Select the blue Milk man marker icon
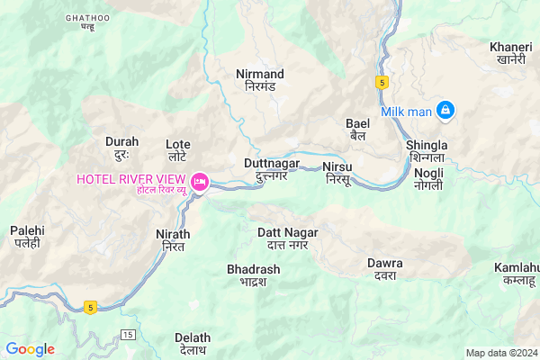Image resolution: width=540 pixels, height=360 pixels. [x=444, y=111]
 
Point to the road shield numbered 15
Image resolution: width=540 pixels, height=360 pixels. [x=128, y=335]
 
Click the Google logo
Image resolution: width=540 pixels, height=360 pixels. [x=30, y=349]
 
